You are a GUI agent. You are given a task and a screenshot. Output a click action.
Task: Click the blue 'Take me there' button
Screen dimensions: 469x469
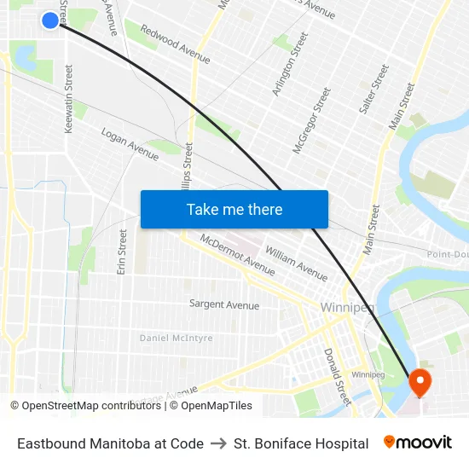[x=234, y=209]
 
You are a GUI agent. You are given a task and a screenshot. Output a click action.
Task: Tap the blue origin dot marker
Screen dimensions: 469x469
[x=50, y=20]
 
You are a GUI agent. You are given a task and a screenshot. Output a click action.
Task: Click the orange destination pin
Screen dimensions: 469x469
[x=420, y=381]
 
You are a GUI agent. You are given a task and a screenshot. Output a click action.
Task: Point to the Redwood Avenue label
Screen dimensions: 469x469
[x=175, y=46]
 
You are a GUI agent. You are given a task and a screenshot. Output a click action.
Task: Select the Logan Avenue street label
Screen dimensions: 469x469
[x=130, y=144]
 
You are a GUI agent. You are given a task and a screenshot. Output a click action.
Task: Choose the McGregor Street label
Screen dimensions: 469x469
[x=311, y=120]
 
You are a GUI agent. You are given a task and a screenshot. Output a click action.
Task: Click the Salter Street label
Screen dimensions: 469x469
[x=374, y=89]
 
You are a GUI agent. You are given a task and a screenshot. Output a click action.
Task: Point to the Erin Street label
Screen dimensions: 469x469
[x=122, y=252]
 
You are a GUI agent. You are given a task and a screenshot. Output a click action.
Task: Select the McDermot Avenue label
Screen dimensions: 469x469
[x=237, y=254]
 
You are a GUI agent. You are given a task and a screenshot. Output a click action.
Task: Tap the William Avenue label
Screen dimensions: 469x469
[x=296, y=263]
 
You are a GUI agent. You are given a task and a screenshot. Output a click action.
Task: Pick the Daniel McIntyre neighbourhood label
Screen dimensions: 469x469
[x=177, y=338]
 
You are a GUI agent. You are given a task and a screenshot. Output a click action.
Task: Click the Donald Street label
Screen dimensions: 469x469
[x=337, y=375]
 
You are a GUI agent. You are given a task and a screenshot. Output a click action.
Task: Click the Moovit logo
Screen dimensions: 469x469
[x=418, y=443]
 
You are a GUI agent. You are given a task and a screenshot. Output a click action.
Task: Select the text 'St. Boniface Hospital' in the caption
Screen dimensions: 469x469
[x=301, y=443]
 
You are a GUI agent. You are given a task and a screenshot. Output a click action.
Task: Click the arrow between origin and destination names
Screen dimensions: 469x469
[x=218, y=443]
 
